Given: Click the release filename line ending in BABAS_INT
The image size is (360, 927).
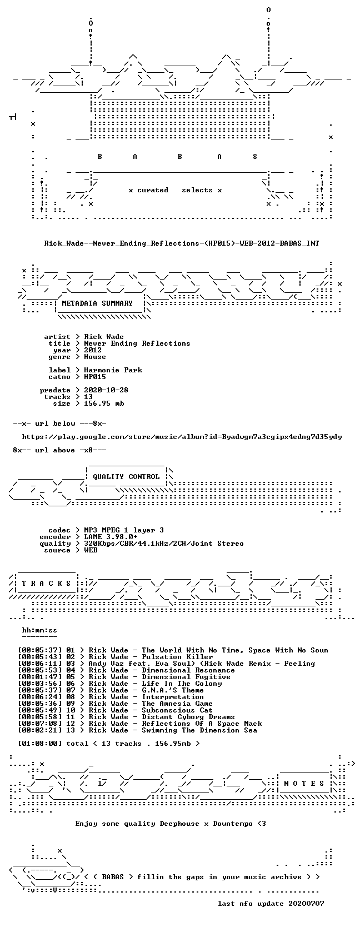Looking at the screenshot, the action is (182, 243).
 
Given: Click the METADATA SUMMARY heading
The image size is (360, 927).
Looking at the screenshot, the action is (97, 303).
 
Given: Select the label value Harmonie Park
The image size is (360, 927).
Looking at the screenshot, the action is (113, 370).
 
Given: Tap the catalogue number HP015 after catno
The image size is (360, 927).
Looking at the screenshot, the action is (95, 377).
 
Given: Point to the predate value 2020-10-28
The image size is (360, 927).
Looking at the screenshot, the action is (106, 390).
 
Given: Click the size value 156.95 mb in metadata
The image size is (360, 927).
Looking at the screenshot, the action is (104, 403).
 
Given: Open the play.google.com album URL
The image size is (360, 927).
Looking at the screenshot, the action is (182, 437).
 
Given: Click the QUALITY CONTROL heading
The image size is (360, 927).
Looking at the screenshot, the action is (126, 477).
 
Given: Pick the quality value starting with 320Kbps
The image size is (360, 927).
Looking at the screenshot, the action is (164, 544).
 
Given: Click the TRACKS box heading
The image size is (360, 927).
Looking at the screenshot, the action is (46, 584).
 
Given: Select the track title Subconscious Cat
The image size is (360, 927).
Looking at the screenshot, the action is (177, 710).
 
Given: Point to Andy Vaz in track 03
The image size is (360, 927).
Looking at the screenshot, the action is (104, 664).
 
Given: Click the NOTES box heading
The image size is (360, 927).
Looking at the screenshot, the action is (304, 784).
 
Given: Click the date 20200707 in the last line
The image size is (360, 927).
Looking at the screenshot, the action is (306, 904).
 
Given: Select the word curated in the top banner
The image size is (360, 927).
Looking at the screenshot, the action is (153, 191).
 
